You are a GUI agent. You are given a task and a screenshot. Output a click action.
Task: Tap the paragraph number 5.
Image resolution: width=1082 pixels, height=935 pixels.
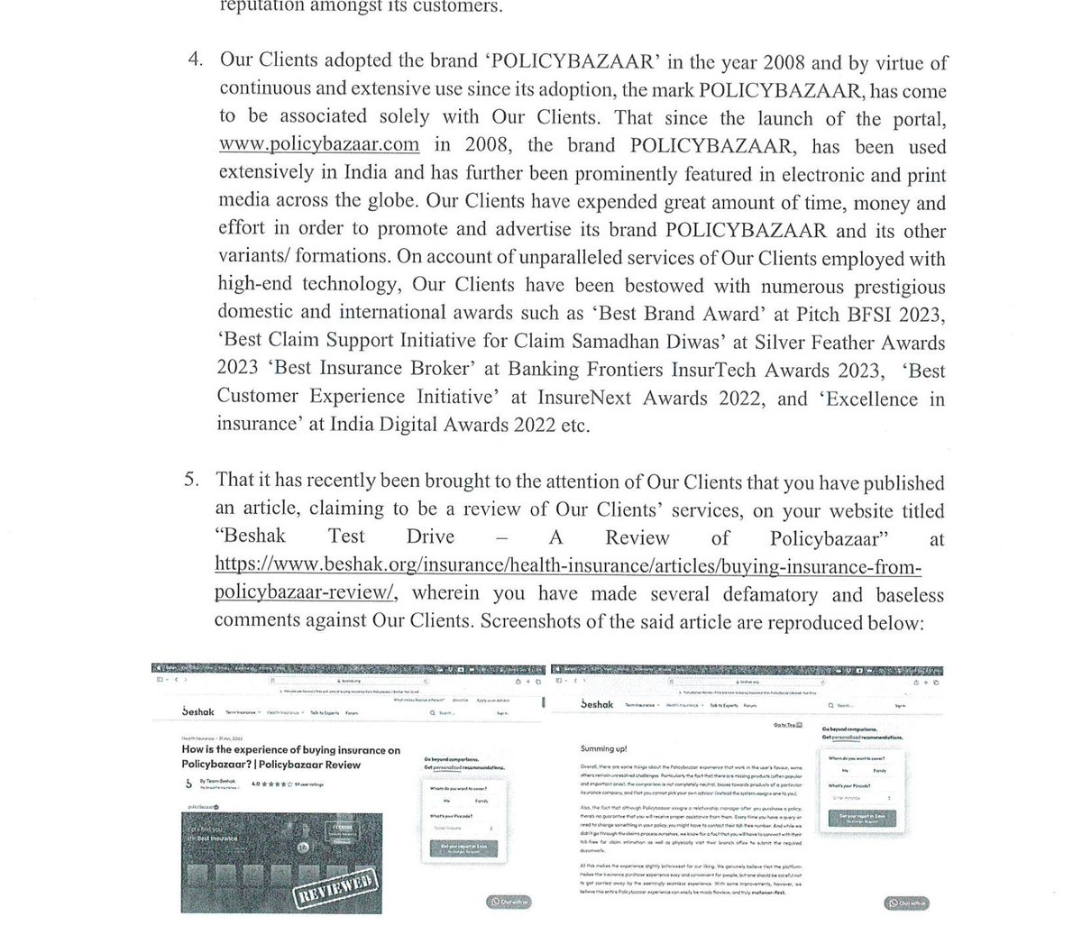pyautogui.click(x=192, y=481)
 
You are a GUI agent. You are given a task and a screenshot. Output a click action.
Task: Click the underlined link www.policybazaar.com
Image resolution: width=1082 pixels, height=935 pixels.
pyautogui.click(x=318, y=145)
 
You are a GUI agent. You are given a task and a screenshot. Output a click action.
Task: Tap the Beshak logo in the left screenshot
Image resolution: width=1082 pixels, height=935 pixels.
pyautogui.click(x=197, y=711)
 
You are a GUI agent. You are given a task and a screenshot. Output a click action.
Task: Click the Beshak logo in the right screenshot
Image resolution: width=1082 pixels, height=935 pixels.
pyautogui.click(x=597, y=704)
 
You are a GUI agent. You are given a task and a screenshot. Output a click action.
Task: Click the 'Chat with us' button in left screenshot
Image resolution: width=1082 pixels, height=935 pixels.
pyautogui.click(x=509, y=902)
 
